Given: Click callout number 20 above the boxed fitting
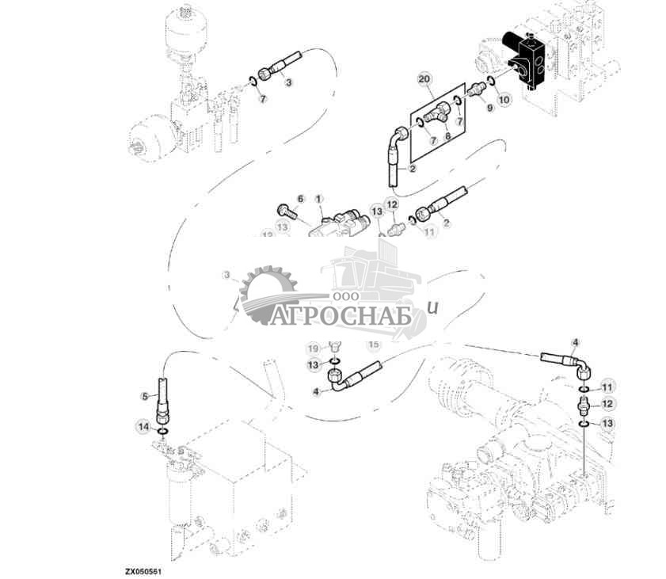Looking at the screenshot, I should pyautogui.click(x=424, y=80).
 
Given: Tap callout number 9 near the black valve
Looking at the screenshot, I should pyautogui.click(x=489, y=108).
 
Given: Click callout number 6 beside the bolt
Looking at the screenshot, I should pyautogui.click(x=300, y=198).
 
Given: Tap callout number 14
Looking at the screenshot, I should pyautogui.click(x=143, y=428).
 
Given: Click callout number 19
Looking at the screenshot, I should pyautogui.click(x=313, y=348).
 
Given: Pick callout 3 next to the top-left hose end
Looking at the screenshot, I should pyautogui.click(x=288, y=82).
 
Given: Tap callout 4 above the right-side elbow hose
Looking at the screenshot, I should pyautogui.click(x=575, y=342).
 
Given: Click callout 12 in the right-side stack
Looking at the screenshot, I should pyautogui.click(x=607, y=404).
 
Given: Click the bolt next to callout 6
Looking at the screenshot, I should pyautogui.click(x=287, y=211).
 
